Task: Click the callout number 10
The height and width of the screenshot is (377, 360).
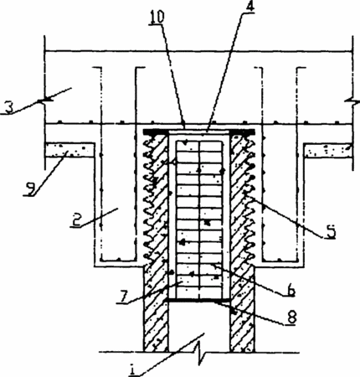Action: (157, 18)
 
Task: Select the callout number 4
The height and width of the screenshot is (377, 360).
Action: (250, 7)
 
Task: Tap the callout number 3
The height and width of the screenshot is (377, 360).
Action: (9, 108)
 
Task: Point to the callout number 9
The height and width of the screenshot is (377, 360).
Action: (29, 190)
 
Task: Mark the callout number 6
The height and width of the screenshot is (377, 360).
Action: (291, 291)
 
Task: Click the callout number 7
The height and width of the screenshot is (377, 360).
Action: (122, 297)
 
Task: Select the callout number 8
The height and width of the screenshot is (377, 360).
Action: (292, 318)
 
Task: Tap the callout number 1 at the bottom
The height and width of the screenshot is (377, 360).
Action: (133, 370)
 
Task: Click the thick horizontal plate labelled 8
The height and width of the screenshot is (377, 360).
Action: (198, 300)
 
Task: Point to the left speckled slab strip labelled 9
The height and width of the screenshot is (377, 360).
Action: (69, 150)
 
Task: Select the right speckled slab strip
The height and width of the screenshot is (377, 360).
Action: (327, 150)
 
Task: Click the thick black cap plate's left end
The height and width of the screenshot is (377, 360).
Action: (143, 132)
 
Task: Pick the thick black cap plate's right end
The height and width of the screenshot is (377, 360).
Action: (254, 132)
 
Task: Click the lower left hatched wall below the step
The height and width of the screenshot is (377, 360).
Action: (156, 308)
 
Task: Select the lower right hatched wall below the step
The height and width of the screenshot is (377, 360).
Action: (242, 308)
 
